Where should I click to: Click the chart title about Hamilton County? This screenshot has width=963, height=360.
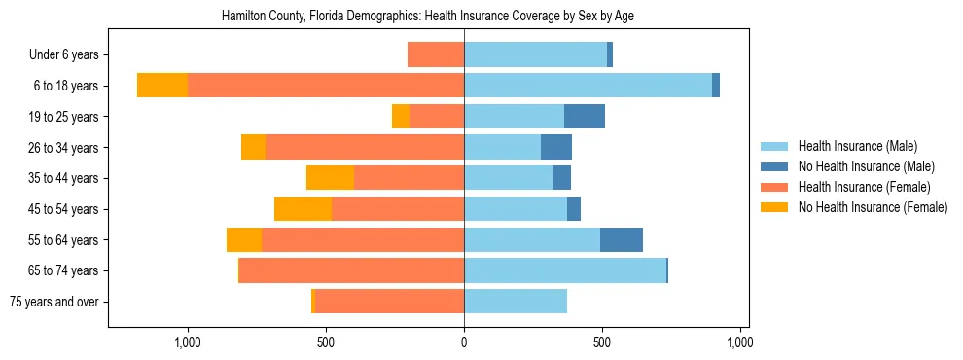pyautogui.click(x=428, y=17)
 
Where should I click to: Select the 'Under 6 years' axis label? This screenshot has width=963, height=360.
pyautogui.click(x=70, y=55)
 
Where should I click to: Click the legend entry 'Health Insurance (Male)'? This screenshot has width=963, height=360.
pyautogui.click(x=857, y=146)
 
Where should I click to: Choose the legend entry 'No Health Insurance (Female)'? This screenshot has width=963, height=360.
pyautogui.click(x=873, y=207)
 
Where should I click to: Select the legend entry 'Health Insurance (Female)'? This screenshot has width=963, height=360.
pyautogui.click(x=864, y=187)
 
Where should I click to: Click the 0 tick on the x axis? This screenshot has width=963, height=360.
pyautogui.click(x=464, y=342)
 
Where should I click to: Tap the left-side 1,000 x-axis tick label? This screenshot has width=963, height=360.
pyautogui.click(x=187, y=342)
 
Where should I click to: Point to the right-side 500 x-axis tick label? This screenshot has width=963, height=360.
pyautogui.click(x=602, y=342)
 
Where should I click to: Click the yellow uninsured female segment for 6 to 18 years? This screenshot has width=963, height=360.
pyautogui.click(x=162, y=86)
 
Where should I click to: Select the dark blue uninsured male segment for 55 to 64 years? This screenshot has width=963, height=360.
pyautogui.click(x=622, y=240)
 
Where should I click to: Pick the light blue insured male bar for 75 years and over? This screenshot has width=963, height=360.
pyautogui.click(x=516, y=302)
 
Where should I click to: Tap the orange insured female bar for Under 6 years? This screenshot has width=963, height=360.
pyautogui.click(x=436, y=55)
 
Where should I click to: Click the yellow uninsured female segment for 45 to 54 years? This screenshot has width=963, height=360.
pyautogui.click(x=303, y=209)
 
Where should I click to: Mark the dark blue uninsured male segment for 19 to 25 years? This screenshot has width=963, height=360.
pyautogui.click(x=585, y=117)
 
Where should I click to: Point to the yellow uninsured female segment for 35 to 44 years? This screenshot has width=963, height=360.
pyautogui.click(x=330, y=178)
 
